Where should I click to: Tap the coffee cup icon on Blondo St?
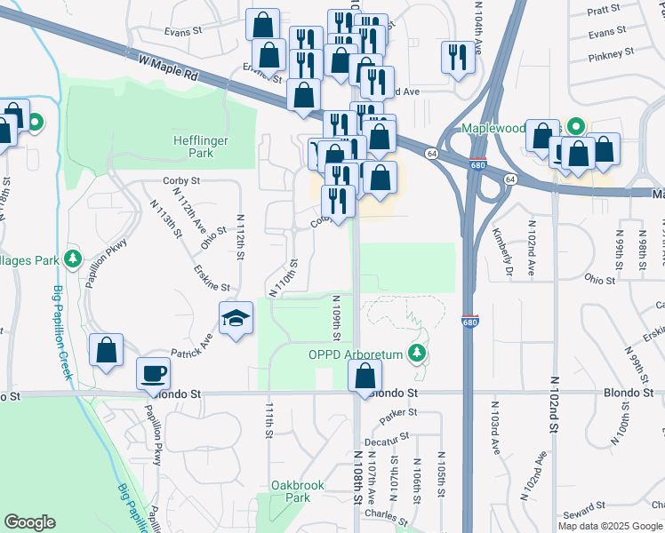(153, 372)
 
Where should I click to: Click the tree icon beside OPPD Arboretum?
(415, 354)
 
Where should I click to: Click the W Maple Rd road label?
(167, 66)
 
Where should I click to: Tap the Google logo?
(29, 522)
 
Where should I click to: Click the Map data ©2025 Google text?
(610, 526)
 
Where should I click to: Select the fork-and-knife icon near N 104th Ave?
(458, 58)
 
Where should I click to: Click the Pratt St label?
(604, 10)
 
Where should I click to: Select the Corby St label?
(181, 180)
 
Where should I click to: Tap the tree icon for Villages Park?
(73, 260)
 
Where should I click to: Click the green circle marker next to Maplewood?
(575, 127)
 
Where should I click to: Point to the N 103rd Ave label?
(495, 428)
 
